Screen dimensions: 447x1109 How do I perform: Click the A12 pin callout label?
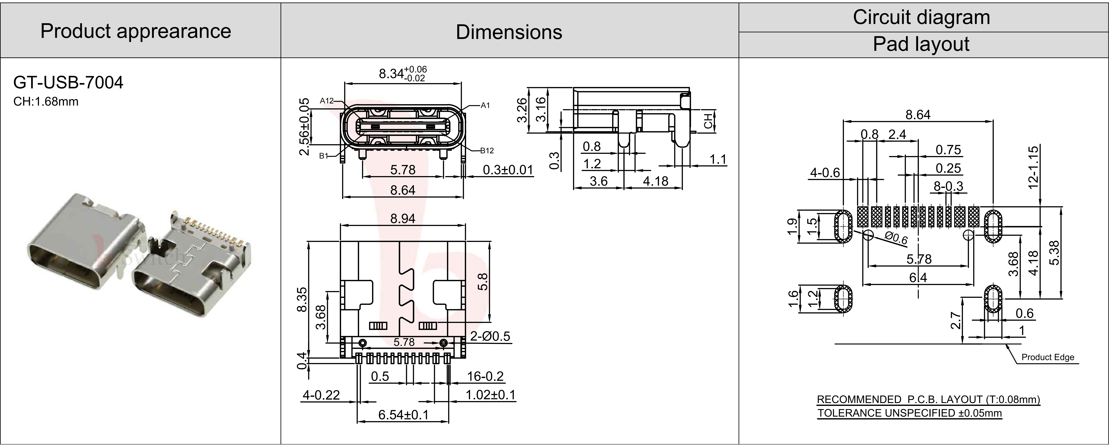click(327, 101)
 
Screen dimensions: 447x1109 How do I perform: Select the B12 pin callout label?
click(487, 151)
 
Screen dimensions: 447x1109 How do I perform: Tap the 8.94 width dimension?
click(403, 219)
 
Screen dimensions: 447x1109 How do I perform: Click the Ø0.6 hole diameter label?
click(897, 238)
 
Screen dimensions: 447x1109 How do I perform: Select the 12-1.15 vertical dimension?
click(1033, 167)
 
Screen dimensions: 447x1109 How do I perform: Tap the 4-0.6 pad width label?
click(825, 173)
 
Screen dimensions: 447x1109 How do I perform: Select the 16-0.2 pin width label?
click(485, 376)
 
